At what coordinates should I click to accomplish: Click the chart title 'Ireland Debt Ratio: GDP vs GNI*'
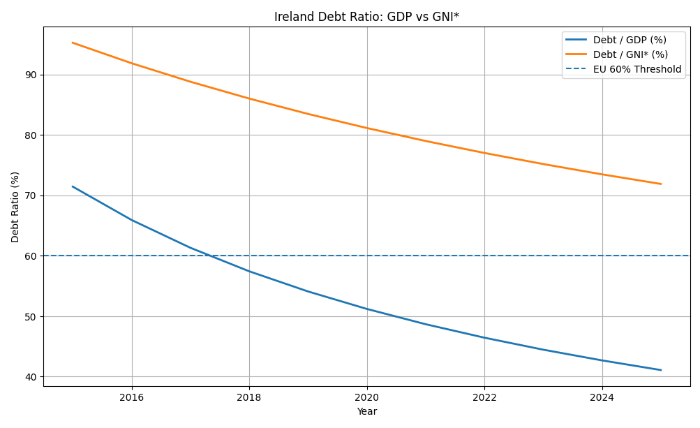[x=366, y=17]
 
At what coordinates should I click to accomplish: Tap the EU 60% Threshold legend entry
[x=636, y=69]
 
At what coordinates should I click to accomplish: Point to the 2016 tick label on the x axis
[x=131, y=397]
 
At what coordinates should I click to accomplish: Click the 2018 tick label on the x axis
[x=249, y=397]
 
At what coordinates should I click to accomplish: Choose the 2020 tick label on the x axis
[x=367, y=397]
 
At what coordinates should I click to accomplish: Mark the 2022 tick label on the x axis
[x=484, y=397]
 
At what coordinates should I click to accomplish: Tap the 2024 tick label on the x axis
[x=602, y=397]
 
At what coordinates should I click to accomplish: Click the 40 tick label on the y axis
[x=31, y=377]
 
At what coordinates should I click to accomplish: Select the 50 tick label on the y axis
[x=31, y=316]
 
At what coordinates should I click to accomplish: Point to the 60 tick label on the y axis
[x=31, y=256]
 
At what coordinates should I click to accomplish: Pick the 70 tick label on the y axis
[x=31, y=195]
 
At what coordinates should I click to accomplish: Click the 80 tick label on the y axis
[x=31, y=135]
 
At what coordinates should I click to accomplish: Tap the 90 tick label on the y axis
[x=31, y=75]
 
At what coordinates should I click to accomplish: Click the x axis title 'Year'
[x=366, y=412]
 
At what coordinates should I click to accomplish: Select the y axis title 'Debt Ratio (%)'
[x=15, y=207]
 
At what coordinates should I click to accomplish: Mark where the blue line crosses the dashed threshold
[x=211, y=256]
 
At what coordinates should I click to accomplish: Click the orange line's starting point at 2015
[x=73, y=43]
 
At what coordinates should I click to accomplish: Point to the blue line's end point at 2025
[x=661, y=370]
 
